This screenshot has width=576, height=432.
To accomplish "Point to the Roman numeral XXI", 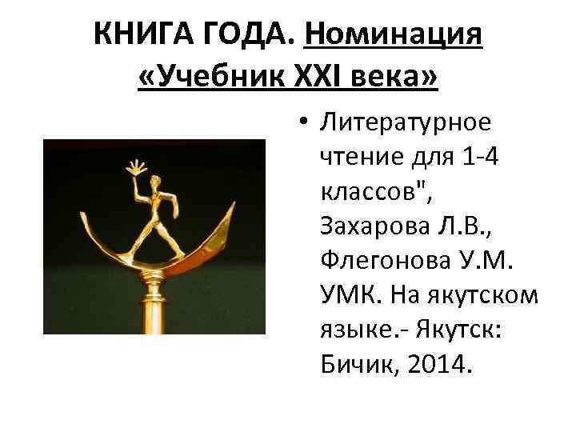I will (x=322, y=78).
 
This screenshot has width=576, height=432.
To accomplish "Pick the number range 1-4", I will (x=478, y=158).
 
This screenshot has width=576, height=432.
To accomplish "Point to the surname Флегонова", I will (x=375, y=262).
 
